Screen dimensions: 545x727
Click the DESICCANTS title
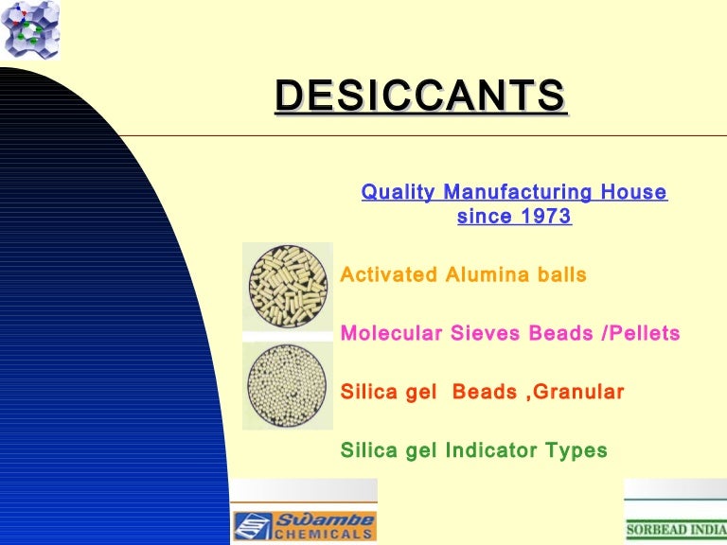pos(420,97)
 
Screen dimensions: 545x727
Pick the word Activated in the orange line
pos(388,275)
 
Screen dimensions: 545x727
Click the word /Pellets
pos(642,333)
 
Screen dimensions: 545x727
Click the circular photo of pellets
pos(288,287)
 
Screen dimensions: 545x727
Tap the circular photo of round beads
pos(288,385)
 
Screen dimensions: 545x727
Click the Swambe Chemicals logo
pos(305,525)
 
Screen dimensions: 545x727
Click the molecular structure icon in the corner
pos(29,28)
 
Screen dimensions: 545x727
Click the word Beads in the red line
pos(485,392)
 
